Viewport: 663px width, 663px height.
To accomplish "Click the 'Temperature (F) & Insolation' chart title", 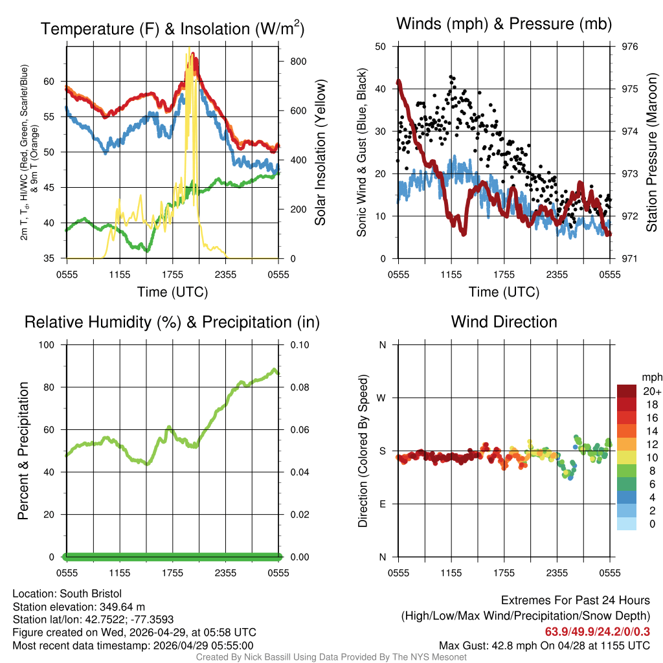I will (172, 29).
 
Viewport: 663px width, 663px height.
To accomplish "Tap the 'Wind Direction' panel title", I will (504, 322).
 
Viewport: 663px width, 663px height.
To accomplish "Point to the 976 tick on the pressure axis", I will (629, 47).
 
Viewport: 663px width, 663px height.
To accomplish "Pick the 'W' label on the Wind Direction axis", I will (382, 398).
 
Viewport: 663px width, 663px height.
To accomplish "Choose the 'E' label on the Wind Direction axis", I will (383, 504).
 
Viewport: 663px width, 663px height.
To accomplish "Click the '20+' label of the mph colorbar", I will (651, 392).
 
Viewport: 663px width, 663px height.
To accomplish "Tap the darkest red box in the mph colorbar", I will (626, 391).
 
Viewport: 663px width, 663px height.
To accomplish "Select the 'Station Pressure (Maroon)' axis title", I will (652, 152).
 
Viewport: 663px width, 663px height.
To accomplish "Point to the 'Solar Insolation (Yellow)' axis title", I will (320, 152).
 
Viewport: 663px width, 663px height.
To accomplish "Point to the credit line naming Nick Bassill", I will (331, 657).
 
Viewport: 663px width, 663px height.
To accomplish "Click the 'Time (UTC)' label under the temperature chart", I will (172, 292).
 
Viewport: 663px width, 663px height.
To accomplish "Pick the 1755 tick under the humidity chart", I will (172, 572).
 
